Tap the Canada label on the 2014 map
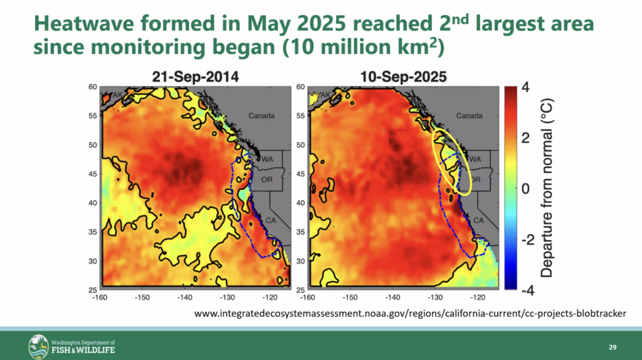(x=261, y=116)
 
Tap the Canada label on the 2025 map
(x=470, y=116)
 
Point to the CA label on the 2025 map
(x=478, y=220)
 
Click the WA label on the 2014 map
(x=268, y=159)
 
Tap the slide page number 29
(x=612, y=347)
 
